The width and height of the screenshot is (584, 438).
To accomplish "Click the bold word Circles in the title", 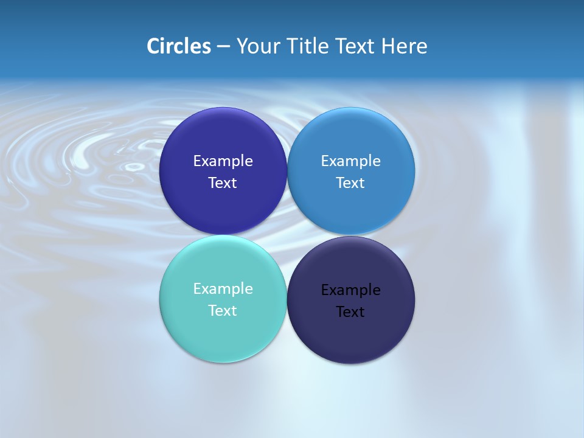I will click(x=179, y=46).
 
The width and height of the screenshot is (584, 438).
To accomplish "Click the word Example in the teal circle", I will click(x=223, y=289).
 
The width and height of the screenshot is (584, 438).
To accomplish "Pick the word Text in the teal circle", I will click(x=223, y=310).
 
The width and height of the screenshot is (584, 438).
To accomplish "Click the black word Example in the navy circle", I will click(x=351, y=290).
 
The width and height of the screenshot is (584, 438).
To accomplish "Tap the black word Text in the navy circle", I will click(x=350, y=311).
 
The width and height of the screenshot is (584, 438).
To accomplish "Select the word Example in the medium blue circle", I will click(x=351, y=161).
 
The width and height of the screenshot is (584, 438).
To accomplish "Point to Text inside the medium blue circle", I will click(x=350, y=182).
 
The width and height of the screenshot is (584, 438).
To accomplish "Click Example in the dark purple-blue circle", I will click(x=223, y=161).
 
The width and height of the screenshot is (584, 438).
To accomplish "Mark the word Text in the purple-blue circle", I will click(x=223, y=182).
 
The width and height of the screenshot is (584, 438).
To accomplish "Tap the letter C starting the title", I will click(x=153, y=46).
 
